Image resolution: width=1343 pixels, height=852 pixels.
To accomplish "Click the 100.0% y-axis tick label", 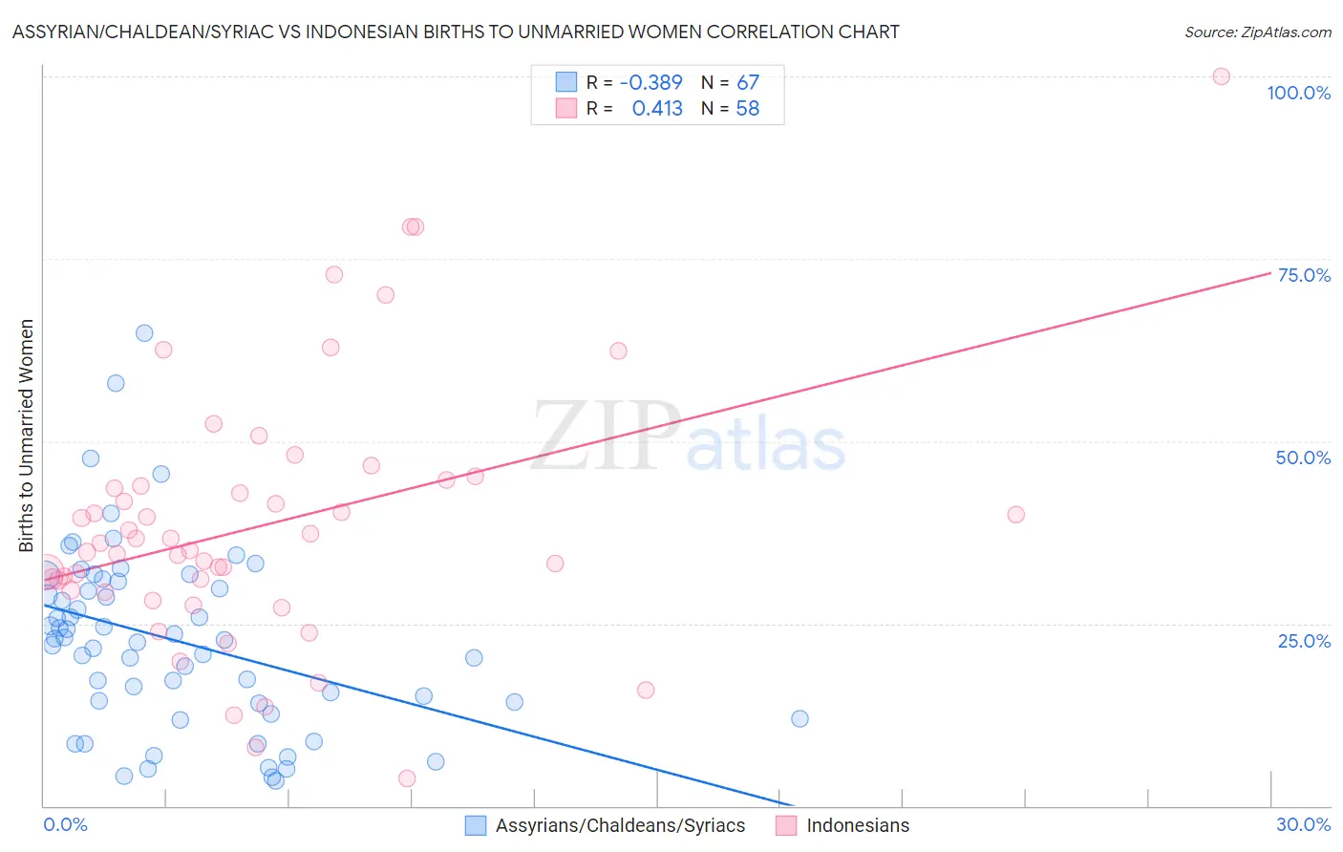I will tap(1298, 93).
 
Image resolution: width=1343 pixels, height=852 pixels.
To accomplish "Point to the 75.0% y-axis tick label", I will tap(1304, 275).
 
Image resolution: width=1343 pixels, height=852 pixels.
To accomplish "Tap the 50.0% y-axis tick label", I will tap(1303, 458).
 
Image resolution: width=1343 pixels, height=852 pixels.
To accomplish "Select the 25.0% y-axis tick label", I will tap(1304, 641).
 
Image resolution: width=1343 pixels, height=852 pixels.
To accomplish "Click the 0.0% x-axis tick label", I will tap(65, 824).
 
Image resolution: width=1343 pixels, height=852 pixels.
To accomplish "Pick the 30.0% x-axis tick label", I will tap(1303, 824).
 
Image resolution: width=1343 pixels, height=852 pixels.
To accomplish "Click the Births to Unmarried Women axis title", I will tap(26, 436).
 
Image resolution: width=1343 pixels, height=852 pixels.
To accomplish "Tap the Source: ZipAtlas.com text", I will tap(1257, 32).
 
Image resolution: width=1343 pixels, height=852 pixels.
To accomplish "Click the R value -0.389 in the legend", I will tap(650, 82).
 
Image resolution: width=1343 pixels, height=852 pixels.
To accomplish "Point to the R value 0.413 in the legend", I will tap(657, 108).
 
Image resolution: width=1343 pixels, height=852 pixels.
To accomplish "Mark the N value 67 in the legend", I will tap(748, 82).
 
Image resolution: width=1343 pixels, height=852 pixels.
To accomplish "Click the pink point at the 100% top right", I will tap(1221, 76).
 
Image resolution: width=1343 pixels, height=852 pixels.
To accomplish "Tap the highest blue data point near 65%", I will tap(144, 333).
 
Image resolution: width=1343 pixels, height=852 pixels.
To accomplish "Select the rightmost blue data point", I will tap(799, 718).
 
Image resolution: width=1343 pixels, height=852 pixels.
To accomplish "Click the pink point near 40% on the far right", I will tap(1015, 515).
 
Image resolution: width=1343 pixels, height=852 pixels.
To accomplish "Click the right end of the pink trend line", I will tap(1270, 272).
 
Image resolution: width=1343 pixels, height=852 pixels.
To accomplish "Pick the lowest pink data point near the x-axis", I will tap(407, 778).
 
